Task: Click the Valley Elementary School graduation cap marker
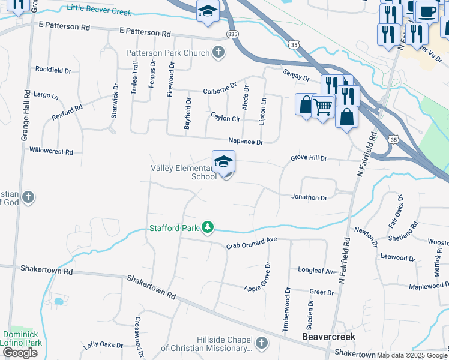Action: pos(223,162)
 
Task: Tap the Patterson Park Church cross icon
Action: pos(218,53)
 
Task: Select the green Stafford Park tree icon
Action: pos(207,228)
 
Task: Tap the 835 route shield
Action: pos(233,34)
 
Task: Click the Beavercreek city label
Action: pos(328,337)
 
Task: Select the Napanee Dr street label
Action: pos(246,142)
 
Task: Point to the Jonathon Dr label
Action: pos(309,197)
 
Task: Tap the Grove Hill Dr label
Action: pos(309,158)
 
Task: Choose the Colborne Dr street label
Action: pos(220,90)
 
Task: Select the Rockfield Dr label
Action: pos(53,70)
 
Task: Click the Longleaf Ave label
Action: pos(318,271)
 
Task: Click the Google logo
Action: pos(20,353)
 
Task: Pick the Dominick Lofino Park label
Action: pos(22,338)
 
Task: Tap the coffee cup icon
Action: pos(427,11)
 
